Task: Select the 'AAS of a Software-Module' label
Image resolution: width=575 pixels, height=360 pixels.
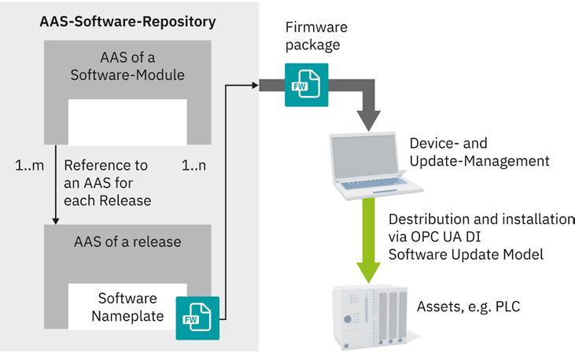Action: [x=128, y=68]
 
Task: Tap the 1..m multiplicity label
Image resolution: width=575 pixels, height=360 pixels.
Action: [x=29, y=167]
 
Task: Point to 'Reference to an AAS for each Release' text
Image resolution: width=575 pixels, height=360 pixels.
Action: [x=108, y=183]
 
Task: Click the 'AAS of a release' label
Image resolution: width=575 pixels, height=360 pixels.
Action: [x=127, y=242]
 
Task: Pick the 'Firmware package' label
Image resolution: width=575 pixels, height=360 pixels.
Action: [x=316, y=36]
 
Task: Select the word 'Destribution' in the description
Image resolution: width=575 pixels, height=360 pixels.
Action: [x=426, y=219]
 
